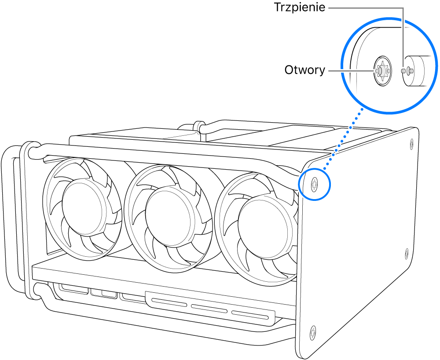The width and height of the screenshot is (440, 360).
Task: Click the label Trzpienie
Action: point(299,7)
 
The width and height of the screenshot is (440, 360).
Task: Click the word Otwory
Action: point(304,70)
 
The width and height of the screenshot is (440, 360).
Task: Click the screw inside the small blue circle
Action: point(314,184)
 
